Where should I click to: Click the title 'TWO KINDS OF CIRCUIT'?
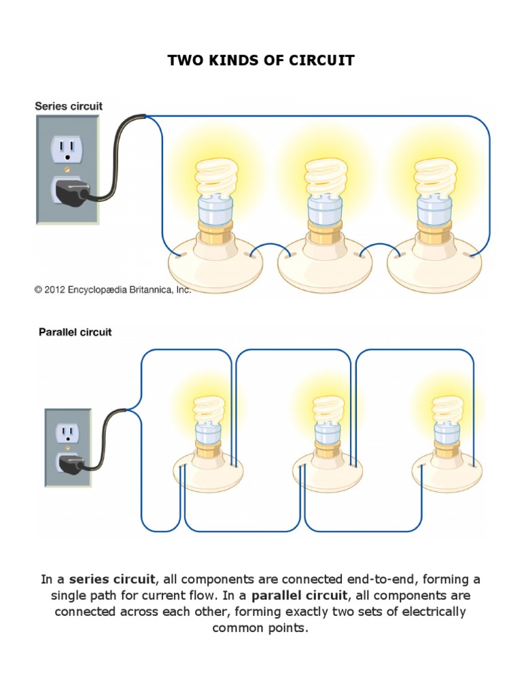261,60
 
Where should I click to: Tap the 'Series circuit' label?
69,106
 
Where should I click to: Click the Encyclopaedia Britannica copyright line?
113,290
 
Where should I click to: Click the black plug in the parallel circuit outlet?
70,464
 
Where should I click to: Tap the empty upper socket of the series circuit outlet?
67,147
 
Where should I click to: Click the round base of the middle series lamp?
324,262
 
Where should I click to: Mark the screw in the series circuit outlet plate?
67,167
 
